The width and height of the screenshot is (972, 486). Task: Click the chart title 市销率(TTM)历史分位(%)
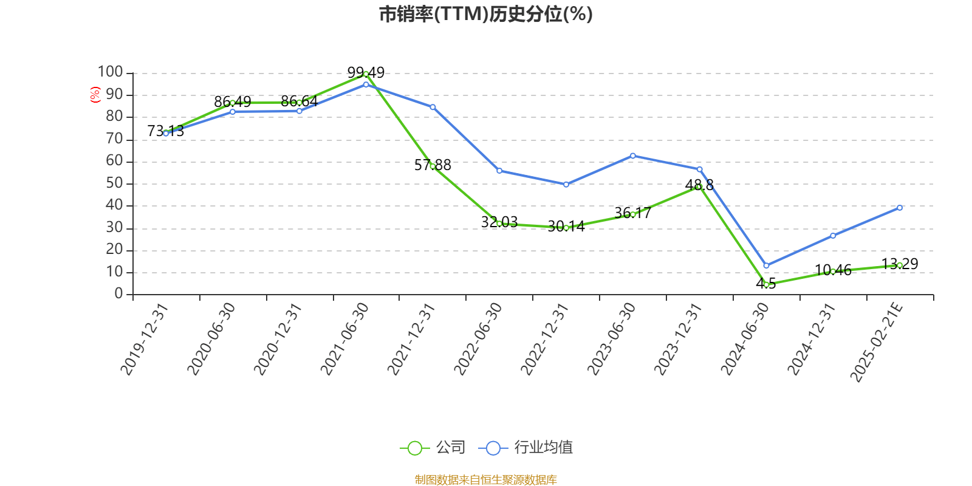click(485, 14)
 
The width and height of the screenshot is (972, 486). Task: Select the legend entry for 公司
click(433, 448)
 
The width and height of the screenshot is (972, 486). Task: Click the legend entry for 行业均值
click(526, 448)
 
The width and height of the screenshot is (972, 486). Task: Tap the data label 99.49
click(366, 73)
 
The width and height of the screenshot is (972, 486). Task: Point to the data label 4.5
click(766, 284)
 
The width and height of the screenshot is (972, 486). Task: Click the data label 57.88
click(433, 165)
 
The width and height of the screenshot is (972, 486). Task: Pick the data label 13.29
click(900, 264)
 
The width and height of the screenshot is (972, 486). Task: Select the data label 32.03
click(499, 222)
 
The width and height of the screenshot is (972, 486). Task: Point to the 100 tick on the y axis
click(111, 72)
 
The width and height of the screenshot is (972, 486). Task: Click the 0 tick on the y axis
click(119, 294)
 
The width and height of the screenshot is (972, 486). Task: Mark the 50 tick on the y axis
click(114, 183)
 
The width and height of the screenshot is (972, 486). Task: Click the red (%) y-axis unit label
click(95, 95)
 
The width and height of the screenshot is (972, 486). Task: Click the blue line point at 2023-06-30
click(632, 156)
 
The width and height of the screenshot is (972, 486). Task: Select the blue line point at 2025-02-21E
click(900, 208)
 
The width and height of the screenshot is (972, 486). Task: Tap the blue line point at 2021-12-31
click(433, 107)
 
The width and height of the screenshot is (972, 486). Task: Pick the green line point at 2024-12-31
click(833, 272)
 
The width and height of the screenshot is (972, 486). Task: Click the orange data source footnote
click(485, 480)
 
